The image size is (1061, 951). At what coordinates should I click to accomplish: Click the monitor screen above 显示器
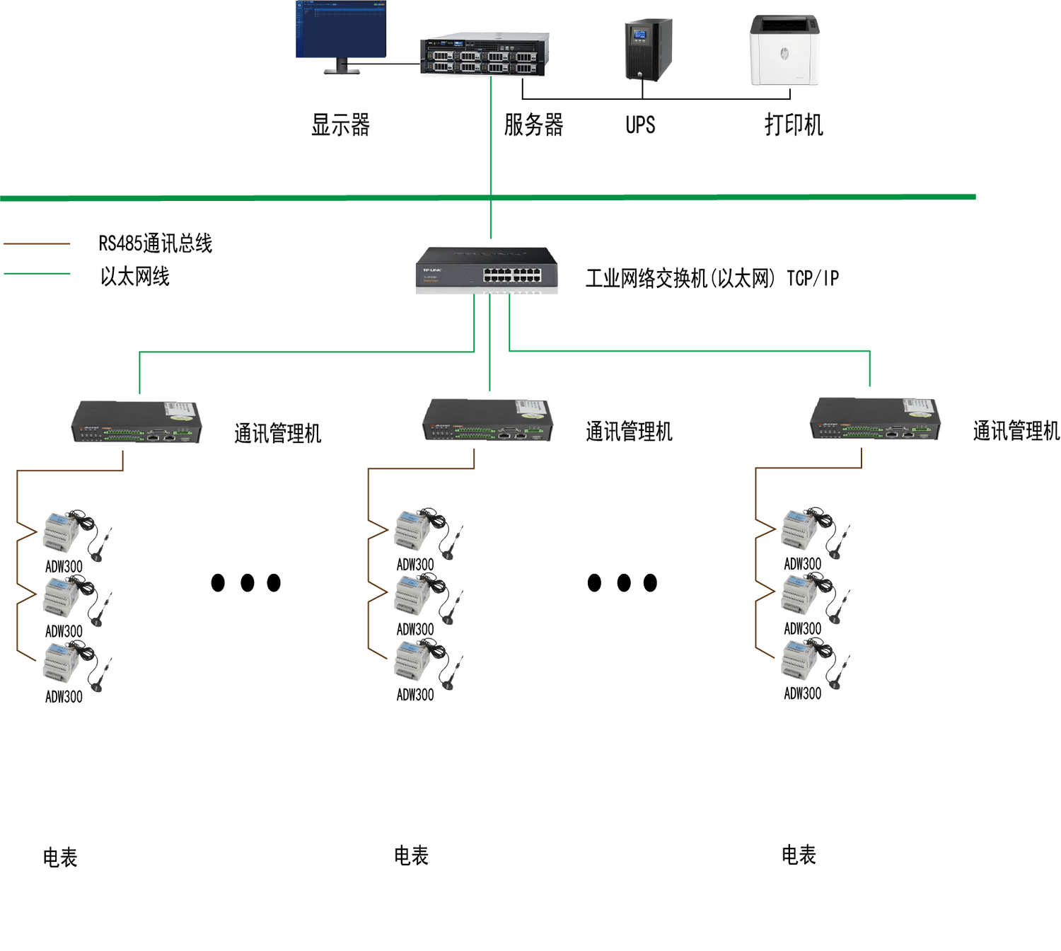click(341, 30)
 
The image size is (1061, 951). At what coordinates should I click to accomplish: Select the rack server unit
click(485, 54)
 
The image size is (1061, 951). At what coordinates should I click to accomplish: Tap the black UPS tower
click(647, 50)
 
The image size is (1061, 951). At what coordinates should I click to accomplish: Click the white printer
click(784, 50)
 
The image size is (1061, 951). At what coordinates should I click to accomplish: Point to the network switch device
click(487, 269)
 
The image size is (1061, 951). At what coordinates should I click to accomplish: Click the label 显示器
click(340, 125)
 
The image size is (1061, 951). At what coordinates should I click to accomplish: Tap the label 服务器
click(533, 125)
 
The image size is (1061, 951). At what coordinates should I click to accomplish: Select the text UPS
click(640, 125)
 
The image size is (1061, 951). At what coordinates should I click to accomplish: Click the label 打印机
click(794, 125)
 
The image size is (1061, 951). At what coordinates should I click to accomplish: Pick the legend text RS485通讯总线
click(156, 243)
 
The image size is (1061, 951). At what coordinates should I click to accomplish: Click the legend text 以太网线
click(134, 277)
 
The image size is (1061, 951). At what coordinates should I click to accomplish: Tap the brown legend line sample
click(37, 244)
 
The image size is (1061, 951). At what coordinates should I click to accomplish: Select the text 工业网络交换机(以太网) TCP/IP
click(712, 278)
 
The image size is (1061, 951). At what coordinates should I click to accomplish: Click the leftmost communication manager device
click(137, 422)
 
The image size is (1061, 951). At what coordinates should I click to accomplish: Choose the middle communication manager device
click(487, 420)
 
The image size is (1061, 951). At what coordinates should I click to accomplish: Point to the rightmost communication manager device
click(875, 419)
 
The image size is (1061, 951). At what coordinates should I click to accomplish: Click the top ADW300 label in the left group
click(64, 567)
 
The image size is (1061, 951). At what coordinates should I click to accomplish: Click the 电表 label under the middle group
click(411, 856)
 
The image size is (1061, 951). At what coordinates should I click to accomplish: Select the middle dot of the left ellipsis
click(247, 583)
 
